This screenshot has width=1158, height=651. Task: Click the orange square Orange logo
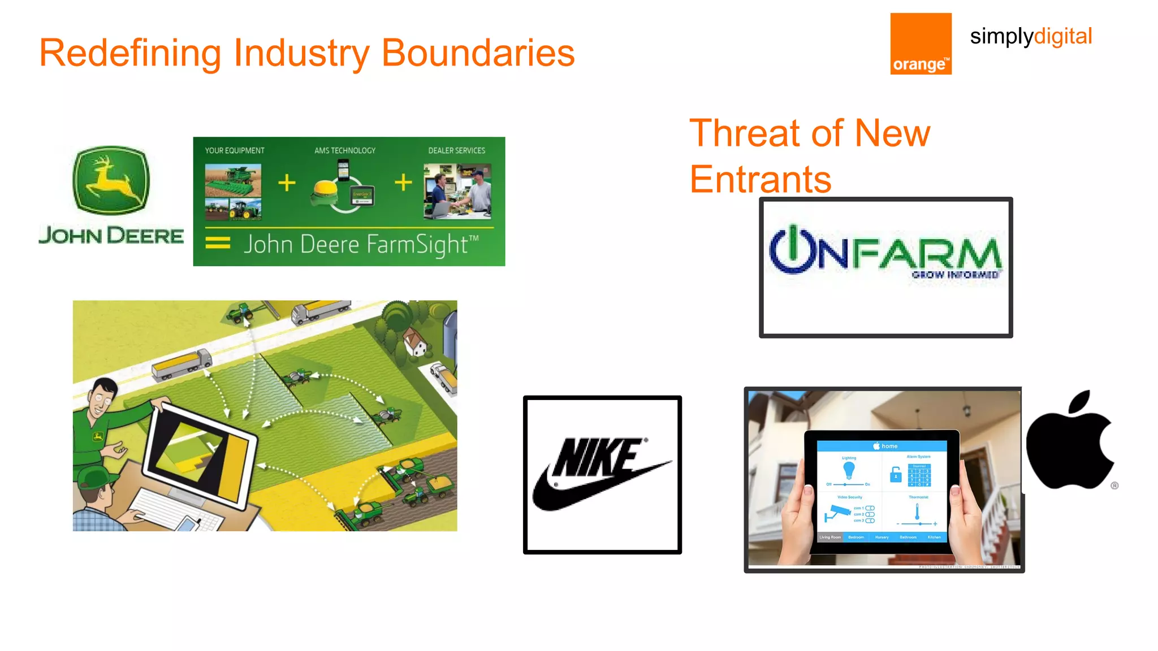pos(921,44)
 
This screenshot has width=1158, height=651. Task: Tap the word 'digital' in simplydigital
pos(1062,36)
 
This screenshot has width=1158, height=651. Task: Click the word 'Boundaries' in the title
pos(478,53)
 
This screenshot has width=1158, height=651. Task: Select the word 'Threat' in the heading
pos(745,133)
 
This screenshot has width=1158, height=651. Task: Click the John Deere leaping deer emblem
pos(111,180)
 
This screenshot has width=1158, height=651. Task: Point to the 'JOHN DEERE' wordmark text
pos(111,235)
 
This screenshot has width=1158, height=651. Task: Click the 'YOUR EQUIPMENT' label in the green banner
pos(234,150)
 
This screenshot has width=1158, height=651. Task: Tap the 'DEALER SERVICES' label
pos(456,150)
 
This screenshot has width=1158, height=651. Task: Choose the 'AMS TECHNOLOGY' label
pos(345,150)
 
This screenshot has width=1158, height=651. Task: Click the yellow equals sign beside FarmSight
pos(218,243)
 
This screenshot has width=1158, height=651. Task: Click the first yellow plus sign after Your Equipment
pos(287,183)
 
